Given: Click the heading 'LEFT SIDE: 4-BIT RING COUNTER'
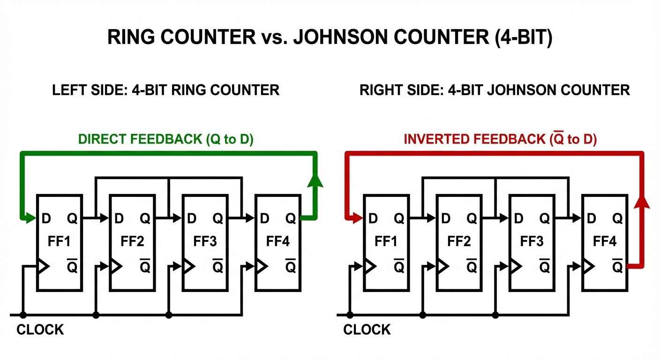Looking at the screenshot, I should coord(166,90).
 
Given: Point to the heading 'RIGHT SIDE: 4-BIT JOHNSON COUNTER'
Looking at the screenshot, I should coord(495,90).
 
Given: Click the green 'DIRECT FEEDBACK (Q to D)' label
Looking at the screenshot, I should coord(166,140).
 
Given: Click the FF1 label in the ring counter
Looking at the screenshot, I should coord(60,242).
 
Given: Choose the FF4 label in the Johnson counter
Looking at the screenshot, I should coord(605,242).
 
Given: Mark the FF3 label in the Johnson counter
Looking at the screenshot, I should coord(532,242).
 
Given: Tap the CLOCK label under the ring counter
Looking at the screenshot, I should coord(40,330).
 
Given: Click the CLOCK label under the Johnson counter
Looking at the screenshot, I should coord(367,330).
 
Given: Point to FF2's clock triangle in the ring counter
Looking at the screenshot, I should coord(115,266).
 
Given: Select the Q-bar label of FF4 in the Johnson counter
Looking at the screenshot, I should coord(617,266).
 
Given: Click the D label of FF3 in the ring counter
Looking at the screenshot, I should coord(192,218).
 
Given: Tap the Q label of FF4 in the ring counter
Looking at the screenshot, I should coord(291,218).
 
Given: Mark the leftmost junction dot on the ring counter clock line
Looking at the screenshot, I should coord(23,315).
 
